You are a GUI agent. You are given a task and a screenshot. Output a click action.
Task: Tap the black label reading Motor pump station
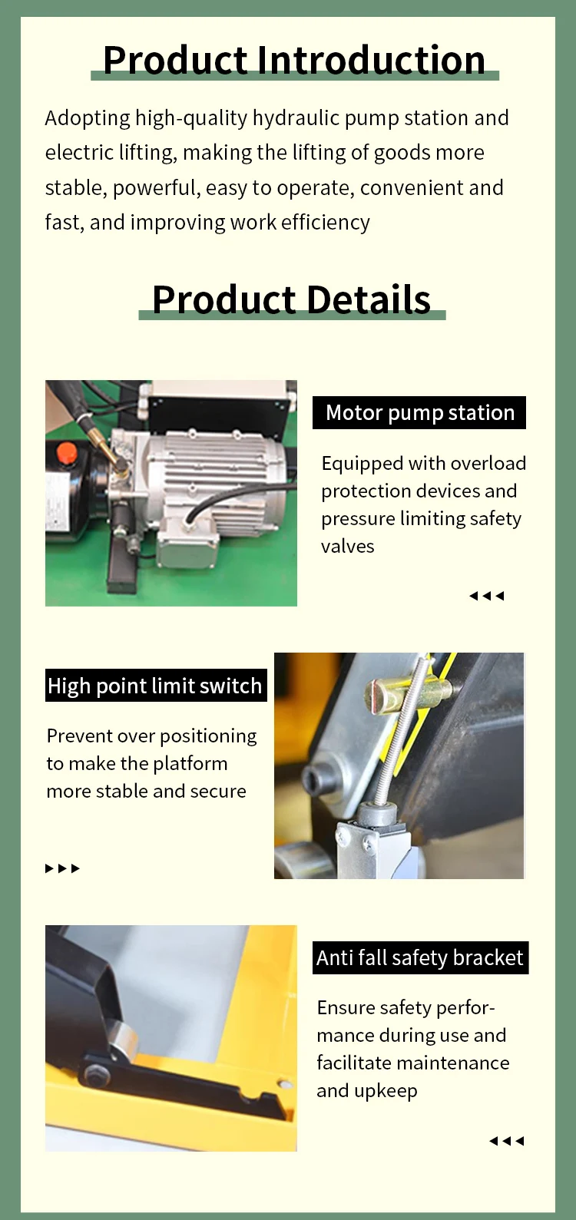point(419,413)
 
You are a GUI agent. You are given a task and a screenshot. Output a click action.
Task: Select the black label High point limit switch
point(156,685)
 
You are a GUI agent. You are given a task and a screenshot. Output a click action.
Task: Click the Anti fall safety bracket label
point(421,957)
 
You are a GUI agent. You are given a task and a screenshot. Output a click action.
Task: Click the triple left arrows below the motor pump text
point(487,596)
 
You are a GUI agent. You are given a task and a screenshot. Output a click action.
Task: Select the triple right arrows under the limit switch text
point(63,868)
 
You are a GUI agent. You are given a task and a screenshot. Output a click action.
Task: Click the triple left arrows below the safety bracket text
point(507,1141)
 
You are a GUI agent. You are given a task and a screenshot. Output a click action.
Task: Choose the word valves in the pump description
point(348,547)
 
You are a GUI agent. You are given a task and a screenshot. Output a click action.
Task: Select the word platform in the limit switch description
point(190,764)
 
